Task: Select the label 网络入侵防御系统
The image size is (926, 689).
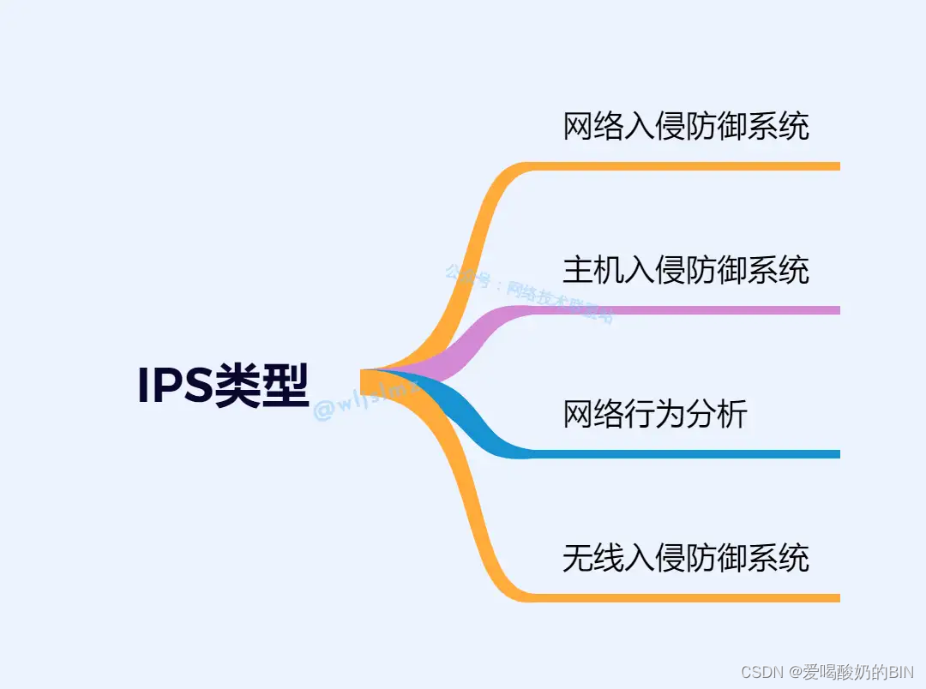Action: (686, 127)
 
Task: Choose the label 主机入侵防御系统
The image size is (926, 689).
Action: (686, 271)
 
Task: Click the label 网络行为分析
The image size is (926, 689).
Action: (655, 415)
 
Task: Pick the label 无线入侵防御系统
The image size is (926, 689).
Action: (686, 559)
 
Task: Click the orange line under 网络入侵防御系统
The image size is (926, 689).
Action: (686, 166)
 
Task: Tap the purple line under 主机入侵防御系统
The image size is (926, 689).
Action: (686, 310)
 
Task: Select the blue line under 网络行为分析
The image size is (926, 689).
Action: (686, 454)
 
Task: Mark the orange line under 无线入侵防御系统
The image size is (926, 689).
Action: (686, 597)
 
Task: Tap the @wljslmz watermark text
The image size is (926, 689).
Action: (364, 405)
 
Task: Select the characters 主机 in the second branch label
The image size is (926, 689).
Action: (593, 271)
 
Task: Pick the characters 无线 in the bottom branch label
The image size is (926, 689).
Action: (593, 559)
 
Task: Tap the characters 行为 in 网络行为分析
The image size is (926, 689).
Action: (655, 415)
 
